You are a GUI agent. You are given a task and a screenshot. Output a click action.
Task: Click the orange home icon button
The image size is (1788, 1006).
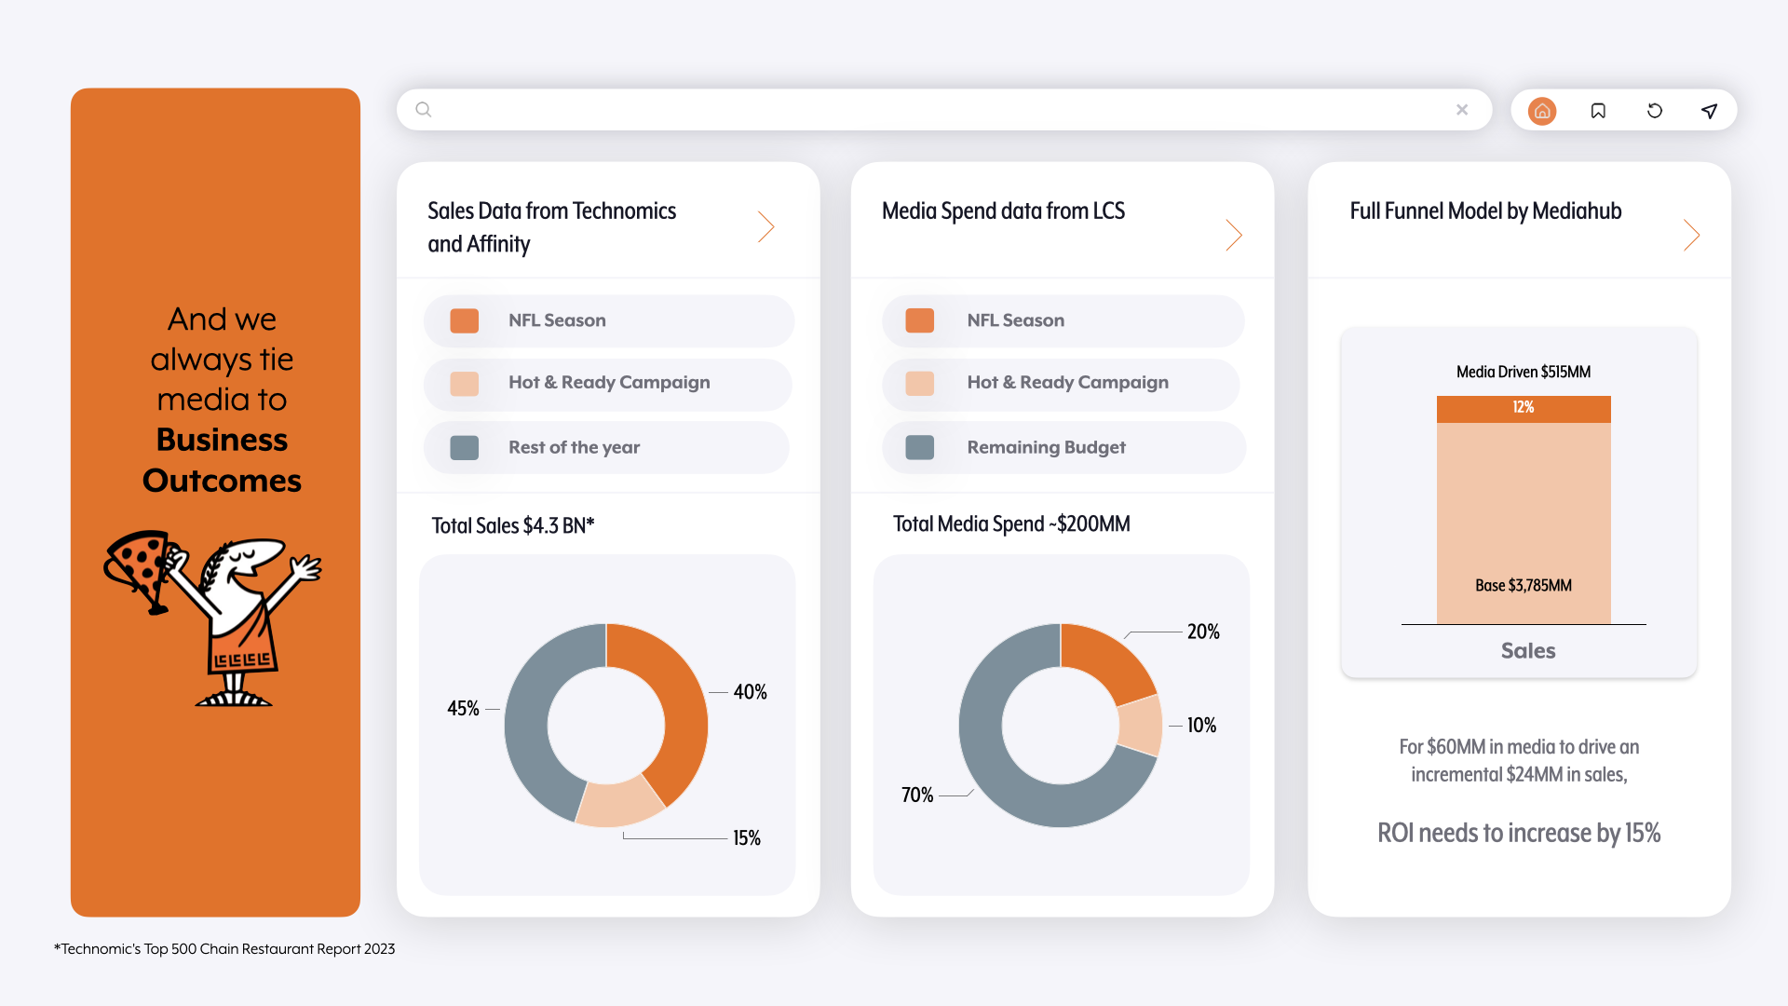(1542, 111)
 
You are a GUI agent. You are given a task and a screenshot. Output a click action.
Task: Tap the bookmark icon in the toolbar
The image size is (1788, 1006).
(1598, 111)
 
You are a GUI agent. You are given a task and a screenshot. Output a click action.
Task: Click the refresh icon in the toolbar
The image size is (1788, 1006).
(1655, 111)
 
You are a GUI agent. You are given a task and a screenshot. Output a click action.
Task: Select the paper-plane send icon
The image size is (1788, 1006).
(1710, 111)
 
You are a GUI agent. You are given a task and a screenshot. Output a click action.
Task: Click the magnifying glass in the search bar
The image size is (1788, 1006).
(424, 110)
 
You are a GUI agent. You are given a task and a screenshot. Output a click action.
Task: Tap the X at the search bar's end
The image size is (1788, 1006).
(1462, 110)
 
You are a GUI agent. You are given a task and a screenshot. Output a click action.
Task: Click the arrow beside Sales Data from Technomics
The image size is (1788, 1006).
(766, 226)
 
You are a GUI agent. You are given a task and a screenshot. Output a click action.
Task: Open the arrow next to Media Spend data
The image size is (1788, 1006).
(1234, 235)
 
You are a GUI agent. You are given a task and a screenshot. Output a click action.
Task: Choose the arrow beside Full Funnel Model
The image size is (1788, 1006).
(1692, 235)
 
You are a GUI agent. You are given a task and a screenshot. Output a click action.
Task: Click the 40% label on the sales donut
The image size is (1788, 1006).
(750, 692)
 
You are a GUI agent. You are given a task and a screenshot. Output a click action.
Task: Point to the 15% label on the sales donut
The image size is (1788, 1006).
(747, 838)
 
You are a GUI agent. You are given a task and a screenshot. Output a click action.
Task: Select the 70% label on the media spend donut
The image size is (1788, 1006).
(917, 795)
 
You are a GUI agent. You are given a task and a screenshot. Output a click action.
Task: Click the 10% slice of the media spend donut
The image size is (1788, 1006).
(1141, 725)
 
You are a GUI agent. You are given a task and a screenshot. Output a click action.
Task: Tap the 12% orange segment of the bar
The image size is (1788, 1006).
(1524, 409)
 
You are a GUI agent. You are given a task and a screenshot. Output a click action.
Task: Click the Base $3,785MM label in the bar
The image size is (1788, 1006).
(1524, 586)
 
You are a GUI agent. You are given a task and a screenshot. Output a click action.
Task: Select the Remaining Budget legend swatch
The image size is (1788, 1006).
(920, 448)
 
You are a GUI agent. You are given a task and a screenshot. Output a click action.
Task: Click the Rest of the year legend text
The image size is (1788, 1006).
(575, 448)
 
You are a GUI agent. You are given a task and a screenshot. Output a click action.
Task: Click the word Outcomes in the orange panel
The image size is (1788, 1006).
(222, 481)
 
